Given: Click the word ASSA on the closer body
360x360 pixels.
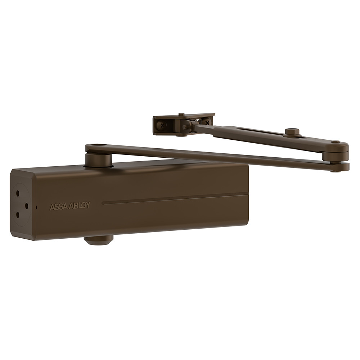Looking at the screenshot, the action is click(x=58, y=207).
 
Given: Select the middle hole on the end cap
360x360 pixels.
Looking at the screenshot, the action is click(x=26, y=206).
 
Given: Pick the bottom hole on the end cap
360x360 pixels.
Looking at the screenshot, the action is click(x=17, y=215).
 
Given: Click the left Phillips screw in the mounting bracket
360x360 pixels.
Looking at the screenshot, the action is click(x=162, y=125).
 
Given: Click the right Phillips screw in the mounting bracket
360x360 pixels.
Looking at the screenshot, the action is click(x=207, y=123).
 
